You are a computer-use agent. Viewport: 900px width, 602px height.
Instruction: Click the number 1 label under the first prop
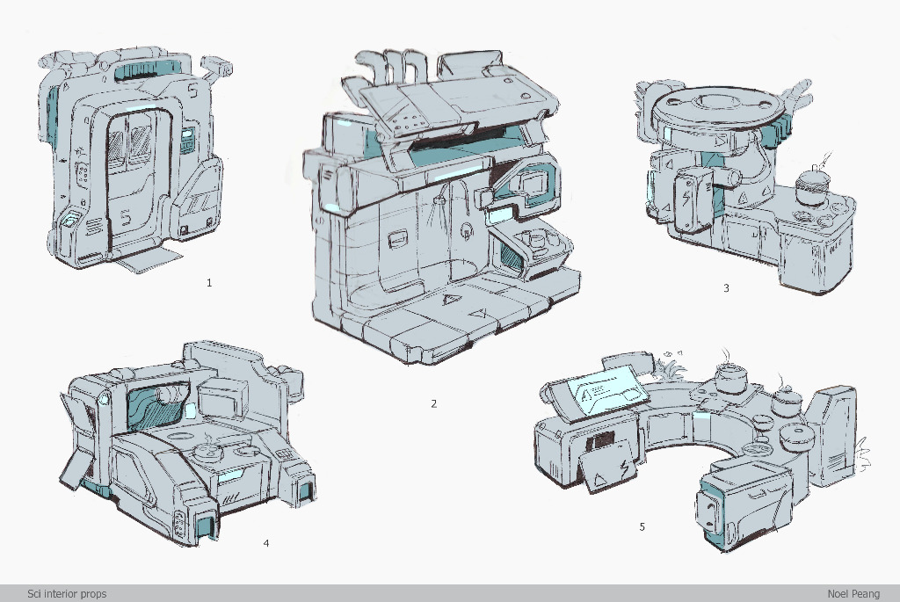point(209,282)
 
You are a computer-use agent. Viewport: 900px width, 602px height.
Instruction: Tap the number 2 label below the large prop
point(434,403)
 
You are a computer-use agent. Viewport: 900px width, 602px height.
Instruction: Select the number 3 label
point(726,288)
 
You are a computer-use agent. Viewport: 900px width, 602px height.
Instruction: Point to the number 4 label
point(265,543)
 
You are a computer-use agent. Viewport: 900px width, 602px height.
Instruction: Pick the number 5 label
point(642,526)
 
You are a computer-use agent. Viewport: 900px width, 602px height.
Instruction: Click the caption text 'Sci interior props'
point(67,594)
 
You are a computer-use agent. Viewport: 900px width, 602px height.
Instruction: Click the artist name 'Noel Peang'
point(853,594)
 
